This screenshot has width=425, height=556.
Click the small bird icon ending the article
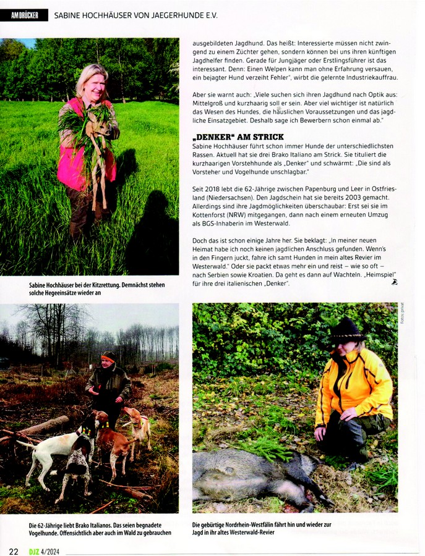[x=394, y=282]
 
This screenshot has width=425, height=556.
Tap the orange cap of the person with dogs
[x=109, y=356]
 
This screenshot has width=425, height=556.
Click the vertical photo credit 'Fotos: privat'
[x=402, y=314]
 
